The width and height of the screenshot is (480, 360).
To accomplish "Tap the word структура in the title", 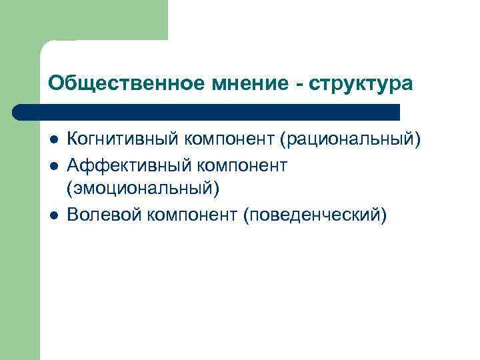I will click(360, 85).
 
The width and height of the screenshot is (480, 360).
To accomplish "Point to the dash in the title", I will click(297, 85).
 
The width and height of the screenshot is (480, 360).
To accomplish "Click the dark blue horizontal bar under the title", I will click(207, 112).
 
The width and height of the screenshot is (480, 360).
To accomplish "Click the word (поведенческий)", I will click(315, 216).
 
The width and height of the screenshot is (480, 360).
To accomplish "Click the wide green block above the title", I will click(100, 20).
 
